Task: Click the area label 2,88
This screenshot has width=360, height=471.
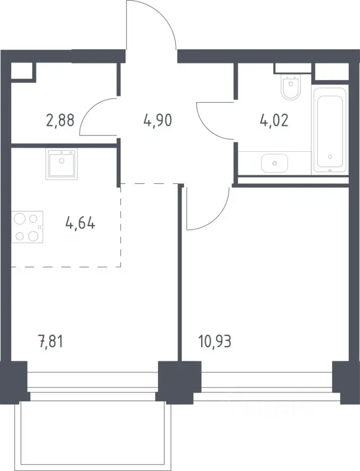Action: (x=60, y=120)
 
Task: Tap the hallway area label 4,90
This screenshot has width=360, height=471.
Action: (x=157, y=120)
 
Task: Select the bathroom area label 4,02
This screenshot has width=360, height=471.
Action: (x=274, y=120)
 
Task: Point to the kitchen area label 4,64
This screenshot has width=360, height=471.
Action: (x=80, y=224)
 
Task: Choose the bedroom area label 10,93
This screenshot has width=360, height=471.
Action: (x=215, y=342)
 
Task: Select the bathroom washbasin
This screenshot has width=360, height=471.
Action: (x=275, y=163)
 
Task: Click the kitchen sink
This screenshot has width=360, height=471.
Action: (x=61, y=164)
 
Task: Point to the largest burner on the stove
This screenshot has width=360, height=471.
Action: (x=20, y=218)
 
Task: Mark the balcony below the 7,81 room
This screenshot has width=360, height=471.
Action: (x=93, y=434)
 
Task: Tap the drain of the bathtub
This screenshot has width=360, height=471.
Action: (x=330, y=157)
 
